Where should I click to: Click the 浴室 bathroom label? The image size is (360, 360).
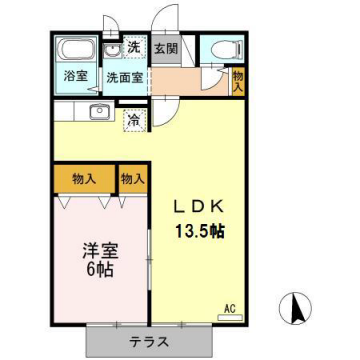coord(74,75)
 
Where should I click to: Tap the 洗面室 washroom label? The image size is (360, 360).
coord(126,76)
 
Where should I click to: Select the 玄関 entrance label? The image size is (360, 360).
coord(165,48)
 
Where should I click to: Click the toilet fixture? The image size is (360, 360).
coord(220,49)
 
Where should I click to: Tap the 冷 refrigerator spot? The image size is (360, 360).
coord(134,120)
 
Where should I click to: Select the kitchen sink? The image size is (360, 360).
coord(98,112)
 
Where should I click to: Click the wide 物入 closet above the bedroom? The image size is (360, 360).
coord(84,179)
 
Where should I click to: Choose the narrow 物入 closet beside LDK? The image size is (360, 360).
coord(132,179)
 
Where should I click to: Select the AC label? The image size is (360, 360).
coord(229,308)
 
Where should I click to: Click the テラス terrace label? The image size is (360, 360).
coord(149,341)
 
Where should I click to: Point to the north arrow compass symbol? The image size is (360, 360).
coord(297,306)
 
